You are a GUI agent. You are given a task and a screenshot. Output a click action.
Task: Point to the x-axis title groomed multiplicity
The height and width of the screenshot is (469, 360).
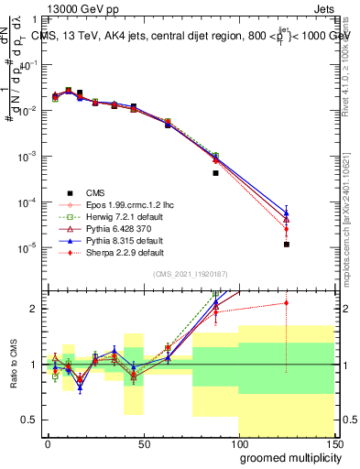click(287, 455)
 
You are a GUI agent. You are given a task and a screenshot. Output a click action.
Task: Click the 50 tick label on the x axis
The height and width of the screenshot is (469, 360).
click(143, 442)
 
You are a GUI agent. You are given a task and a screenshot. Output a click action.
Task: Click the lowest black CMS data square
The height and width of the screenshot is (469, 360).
click(287, 245)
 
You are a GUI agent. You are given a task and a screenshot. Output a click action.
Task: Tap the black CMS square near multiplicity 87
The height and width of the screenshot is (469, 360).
click(215, 172)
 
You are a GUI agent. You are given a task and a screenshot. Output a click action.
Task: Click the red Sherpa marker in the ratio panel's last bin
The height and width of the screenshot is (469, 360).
click(287, 302)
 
